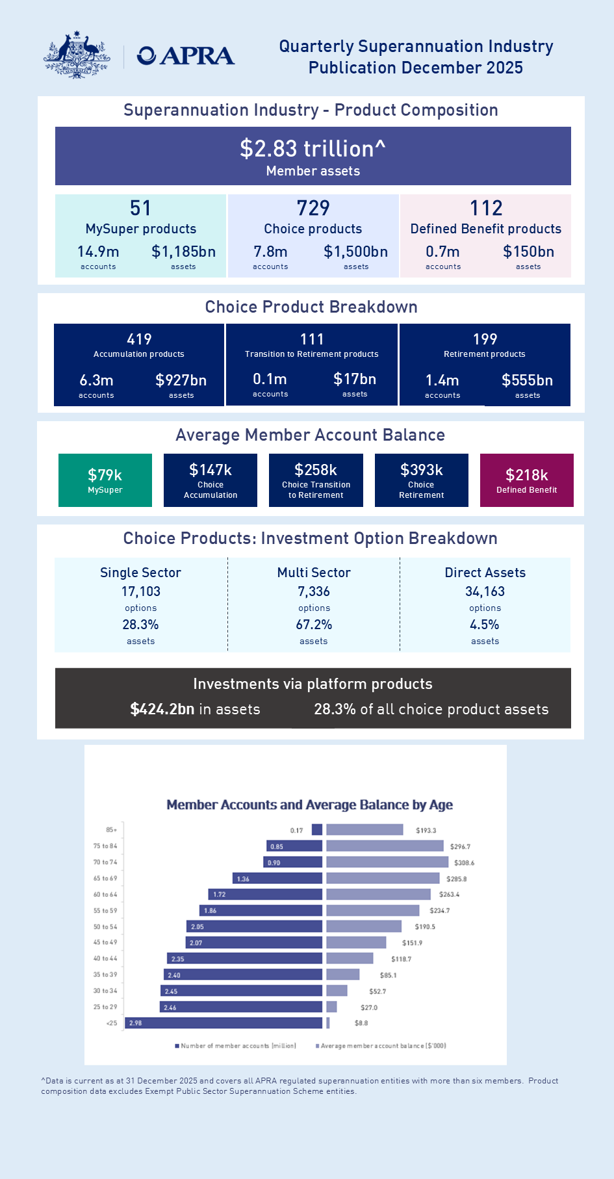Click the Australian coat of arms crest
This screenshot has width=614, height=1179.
(x=77, y=55)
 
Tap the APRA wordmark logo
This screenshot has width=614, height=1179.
(x=186, y=56)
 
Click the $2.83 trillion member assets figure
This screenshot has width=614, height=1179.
(x=313, y=149)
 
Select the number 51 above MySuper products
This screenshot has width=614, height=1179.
(x=140, y=208)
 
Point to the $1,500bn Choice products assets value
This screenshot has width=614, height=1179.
(x=355, y=252)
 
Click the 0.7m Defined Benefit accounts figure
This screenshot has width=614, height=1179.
(x=442, y=252)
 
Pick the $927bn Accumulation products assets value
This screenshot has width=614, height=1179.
(x=181, y=380)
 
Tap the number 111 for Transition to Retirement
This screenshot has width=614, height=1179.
(x=312, y=339)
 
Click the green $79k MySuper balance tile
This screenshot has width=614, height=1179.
(x=105, y=480)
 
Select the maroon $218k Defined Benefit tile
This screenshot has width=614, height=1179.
(x=526, y=480)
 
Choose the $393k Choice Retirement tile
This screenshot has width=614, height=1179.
(x=421, y=480)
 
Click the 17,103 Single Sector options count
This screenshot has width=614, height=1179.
(x=140, y=591)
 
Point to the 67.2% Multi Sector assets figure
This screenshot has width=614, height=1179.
(x=314, y=625)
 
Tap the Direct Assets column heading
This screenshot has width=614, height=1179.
(x=485, y=573)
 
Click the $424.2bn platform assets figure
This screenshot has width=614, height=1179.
(x=162, y=709)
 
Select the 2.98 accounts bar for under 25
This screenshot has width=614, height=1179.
(x=224, y=1023)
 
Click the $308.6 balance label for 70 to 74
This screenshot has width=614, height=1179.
(x=464, y=862)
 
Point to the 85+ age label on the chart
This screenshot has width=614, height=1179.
(x=112, y=830)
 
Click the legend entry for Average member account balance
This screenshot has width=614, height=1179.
(x=382, y=1046)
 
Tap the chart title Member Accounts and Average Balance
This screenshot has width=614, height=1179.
(x=309, y=805)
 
